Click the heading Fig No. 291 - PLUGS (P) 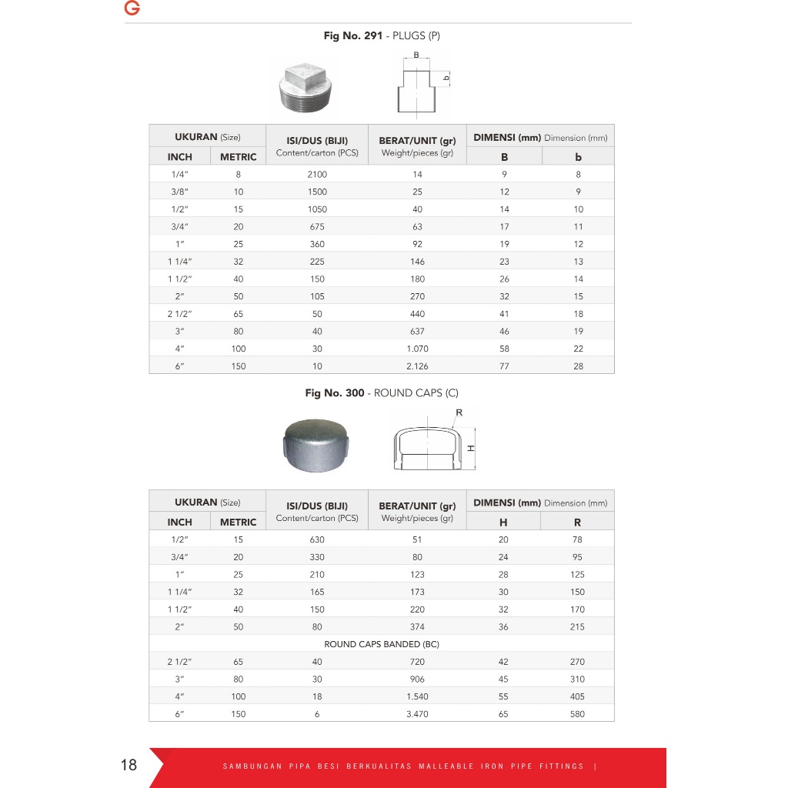(382, 35)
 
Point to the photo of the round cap (316, 445)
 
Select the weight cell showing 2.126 (417, 366)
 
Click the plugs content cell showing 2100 (316, 174)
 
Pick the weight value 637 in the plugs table (417, 332)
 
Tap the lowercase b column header (578, 157)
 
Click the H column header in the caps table (503, 523)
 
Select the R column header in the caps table (577, 523)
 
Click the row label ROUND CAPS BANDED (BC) (382, 644)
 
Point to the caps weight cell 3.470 (417, 714)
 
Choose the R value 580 (577, 714)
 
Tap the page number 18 (129, 765)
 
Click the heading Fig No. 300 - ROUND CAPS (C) (382, 393)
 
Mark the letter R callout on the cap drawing (459, 413)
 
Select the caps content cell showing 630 (316, 539)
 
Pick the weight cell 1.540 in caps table (417, 696)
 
